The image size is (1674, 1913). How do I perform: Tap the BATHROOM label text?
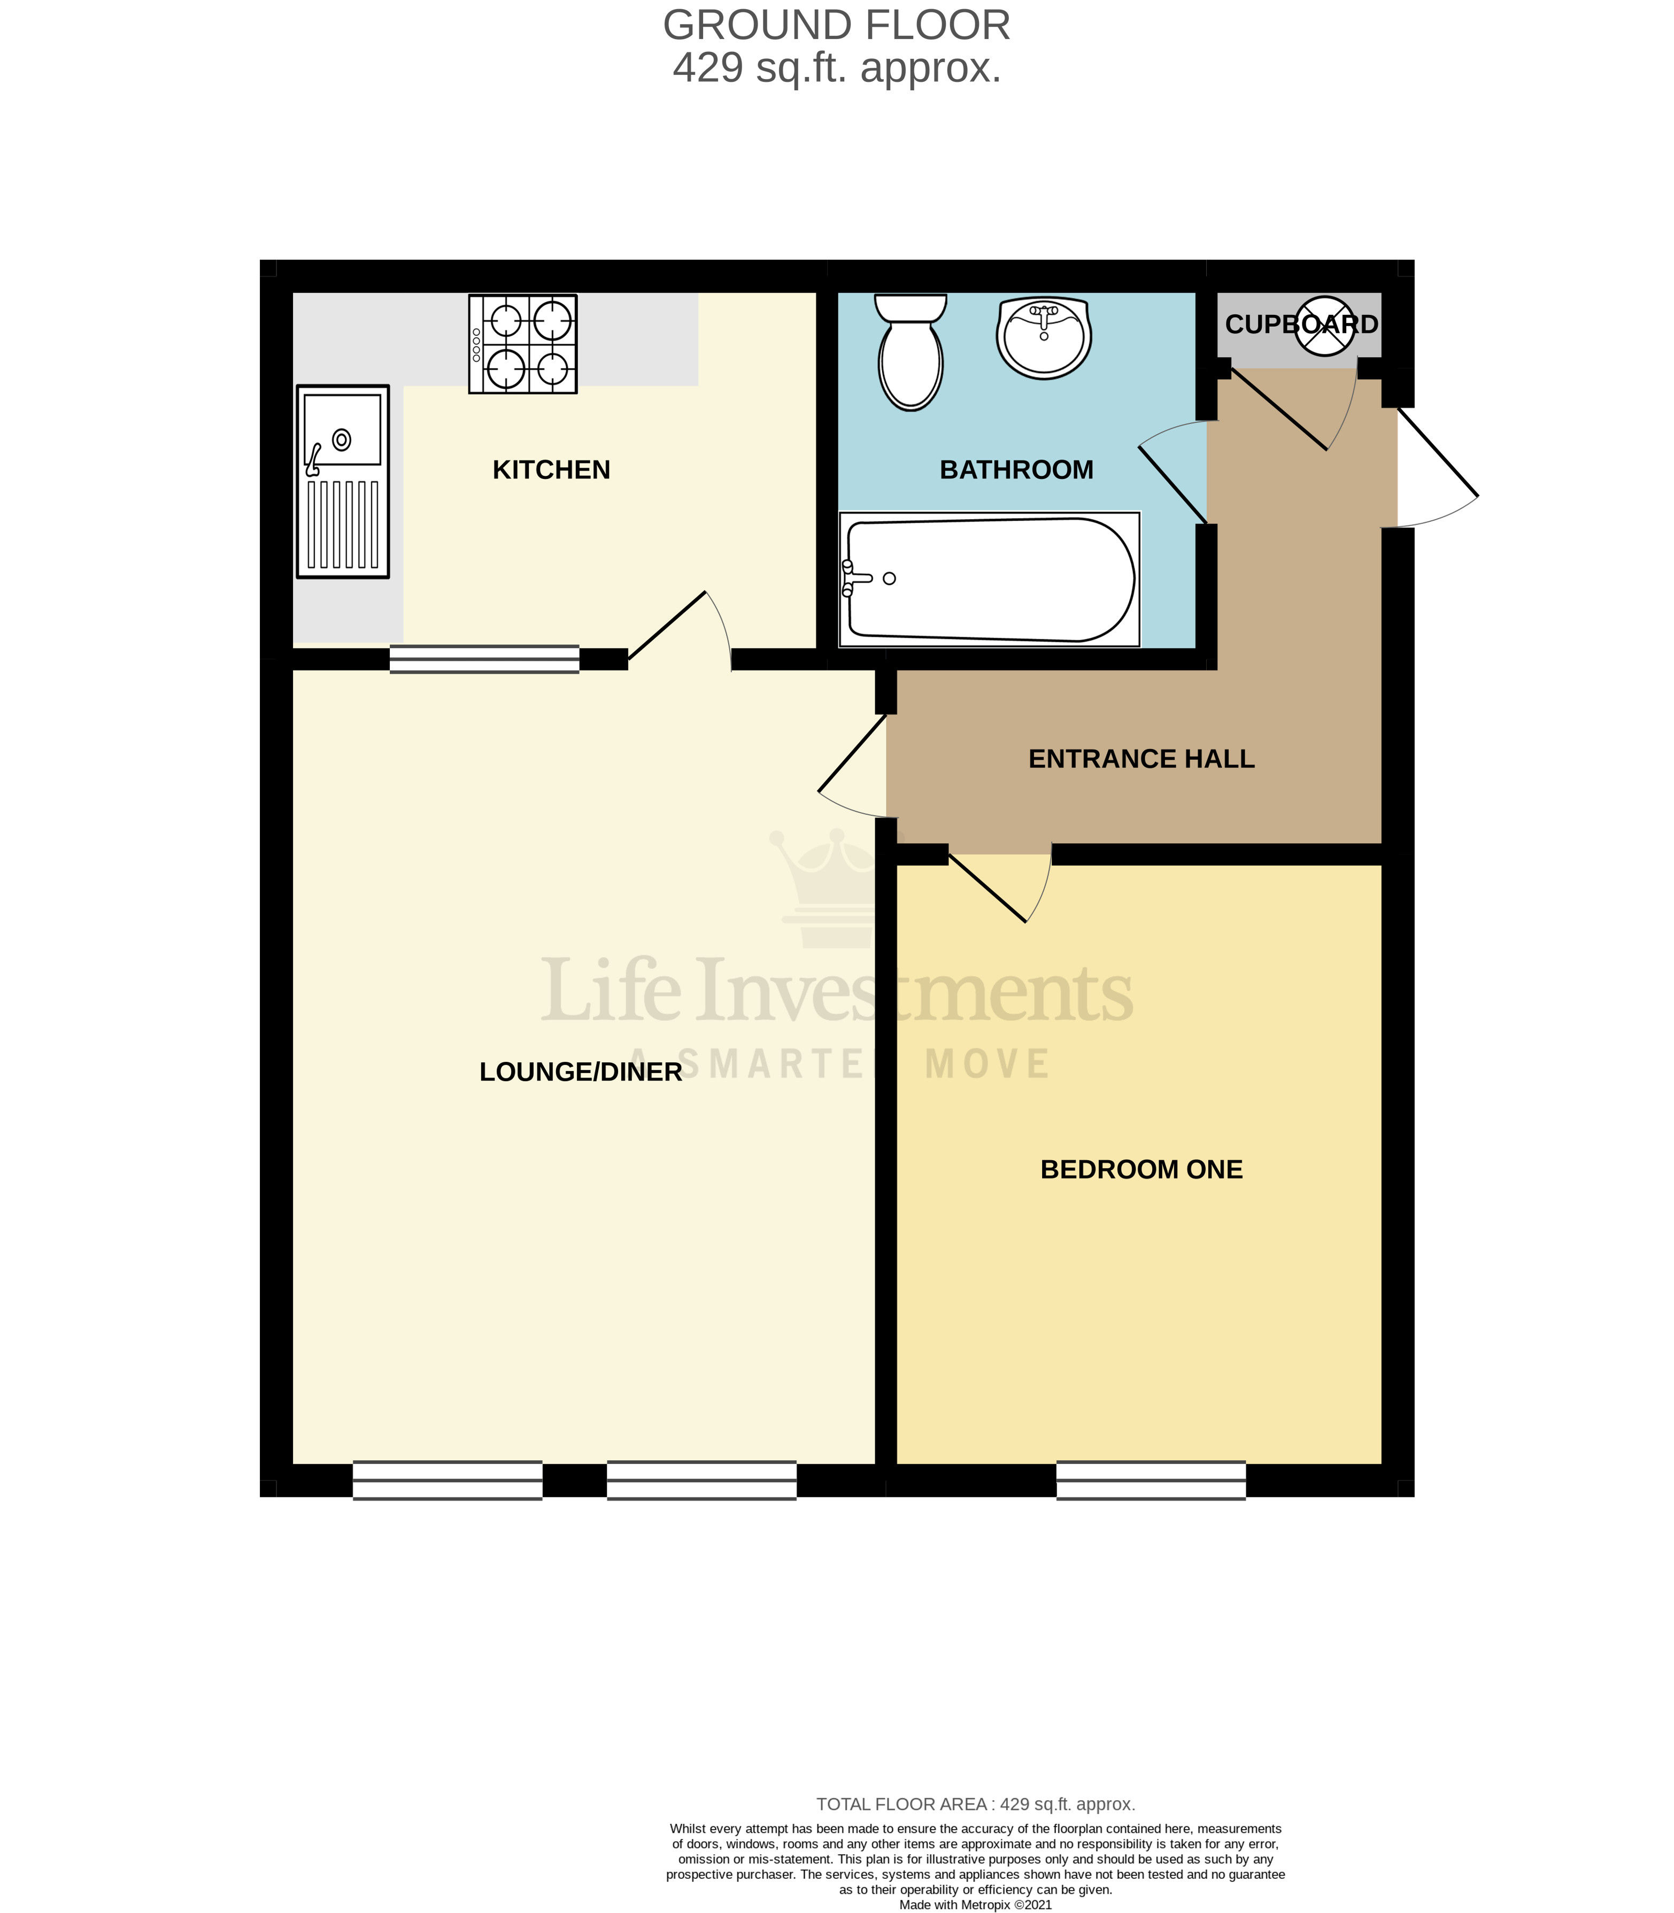click(1016, 470)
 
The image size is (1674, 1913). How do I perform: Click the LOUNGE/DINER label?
click(580, 1073)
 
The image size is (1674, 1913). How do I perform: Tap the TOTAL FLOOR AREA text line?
click(975, 1804)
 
